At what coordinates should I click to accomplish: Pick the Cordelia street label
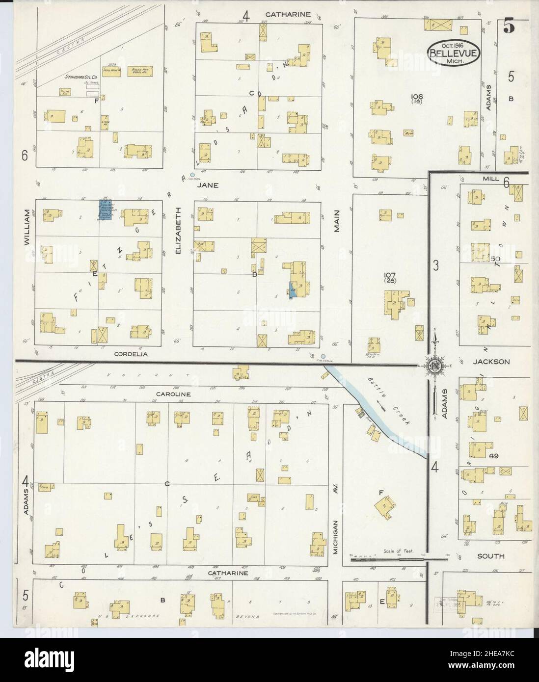(x=130, y=353)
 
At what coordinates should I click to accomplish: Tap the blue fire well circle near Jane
(x=192, y=174)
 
